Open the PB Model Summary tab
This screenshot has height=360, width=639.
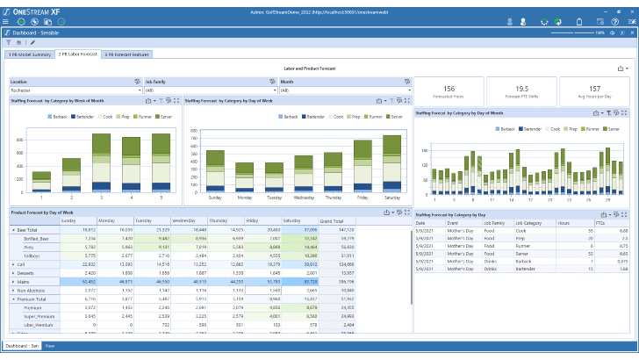point(29,54)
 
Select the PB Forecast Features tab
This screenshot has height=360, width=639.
point(128,54)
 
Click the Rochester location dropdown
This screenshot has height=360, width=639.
point(70,90)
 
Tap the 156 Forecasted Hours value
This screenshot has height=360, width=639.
point(448,89)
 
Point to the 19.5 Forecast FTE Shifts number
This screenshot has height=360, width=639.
point(521,89)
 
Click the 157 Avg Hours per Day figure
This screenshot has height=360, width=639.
point(594,89)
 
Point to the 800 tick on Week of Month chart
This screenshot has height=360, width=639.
point(19,140)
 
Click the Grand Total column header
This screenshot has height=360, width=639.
point(332,220)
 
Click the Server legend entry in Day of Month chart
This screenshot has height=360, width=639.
point(612,128)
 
